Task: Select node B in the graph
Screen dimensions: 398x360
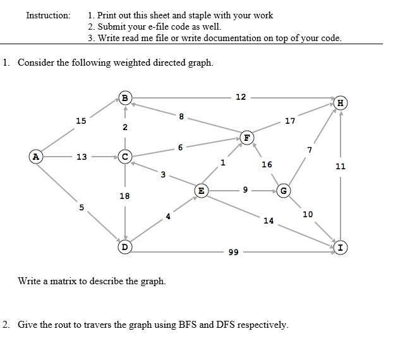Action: pyautogui.click(x=125, y=98)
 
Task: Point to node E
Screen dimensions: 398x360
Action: pyautogui.click(x=201, y=189)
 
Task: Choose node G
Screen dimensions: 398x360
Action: pyautogui.click(x=284, y=190)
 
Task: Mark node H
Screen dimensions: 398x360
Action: pyautogui.click(x=341, y=103)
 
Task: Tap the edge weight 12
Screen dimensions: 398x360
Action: pyautogui.click(x=241, y=97)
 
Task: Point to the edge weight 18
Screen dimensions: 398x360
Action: pyautogui.click(x=125, y=196)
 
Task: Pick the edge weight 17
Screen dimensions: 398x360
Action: pyautogui.click(x=290, y=121)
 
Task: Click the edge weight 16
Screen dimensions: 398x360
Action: pyautogui.click(x=267, y=164)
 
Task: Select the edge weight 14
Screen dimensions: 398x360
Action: pyautogui.click(x=268, y=220)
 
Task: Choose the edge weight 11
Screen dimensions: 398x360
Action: pyautogui.click(x=341, y=167)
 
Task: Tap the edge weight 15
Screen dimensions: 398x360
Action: pyautogui.click(x=80, y=121)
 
